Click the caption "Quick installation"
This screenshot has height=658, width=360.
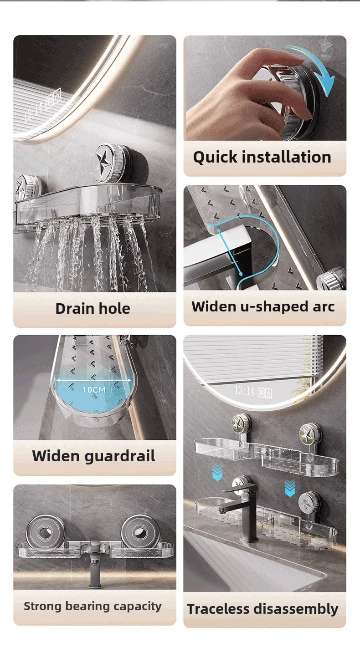[262, 158]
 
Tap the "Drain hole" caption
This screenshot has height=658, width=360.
[93, 309]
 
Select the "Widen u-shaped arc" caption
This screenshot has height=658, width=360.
[263, 306]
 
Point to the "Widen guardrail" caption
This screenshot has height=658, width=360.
[94, 456]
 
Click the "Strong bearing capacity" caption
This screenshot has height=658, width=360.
[93, 606]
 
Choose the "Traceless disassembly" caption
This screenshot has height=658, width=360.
[262, 609]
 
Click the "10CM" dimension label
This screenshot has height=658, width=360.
[94, 390]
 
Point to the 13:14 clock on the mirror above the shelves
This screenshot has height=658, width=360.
[244, 391]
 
